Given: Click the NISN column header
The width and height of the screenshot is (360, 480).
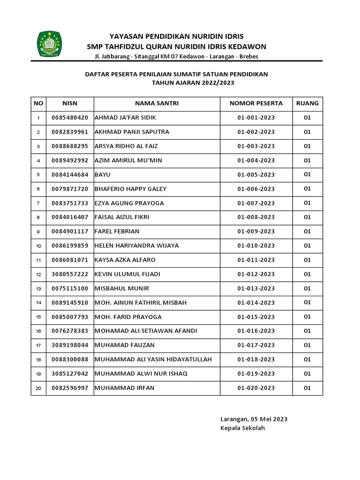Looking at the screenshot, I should [x=70, y=104].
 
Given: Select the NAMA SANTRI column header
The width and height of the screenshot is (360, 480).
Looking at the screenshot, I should [x=157, y=104].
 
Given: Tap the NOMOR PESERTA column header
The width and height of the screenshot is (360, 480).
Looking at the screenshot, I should [x=256, y=104].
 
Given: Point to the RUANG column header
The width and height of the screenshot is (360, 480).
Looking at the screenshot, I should [x=307, y=104].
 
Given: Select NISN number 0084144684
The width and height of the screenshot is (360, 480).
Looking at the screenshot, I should [x=70, y=175].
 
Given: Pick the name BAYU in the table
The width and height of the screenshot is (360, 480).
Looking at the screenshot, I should [x=102, y=175].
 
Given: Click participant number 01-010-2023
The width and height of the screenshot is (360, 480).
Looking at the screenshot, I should [x=256, y=246].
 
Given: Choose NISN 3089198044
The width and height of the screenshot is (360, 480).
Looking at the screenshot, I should [x=70, y=345].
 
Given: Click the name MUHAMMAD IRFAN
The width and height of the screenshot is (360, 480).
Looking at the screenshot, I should [x=124, y=388].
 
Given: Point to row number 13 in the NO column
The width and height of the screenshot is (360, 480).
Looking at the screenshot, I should [x=38, y=289].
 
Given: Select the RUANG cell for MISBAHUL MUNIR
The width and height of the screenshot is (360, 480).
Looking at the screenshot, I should [x=307, y=288].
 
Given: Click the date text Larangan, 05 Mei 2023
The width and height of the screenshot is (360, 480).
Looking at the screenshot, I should [x=254, y=419].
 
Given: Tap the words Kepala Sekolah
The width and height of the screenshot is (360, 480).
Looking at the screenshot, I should [x=242, y=428].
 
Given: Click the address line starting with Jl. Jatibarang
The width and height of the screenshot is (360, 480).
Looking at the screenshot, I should [x=176, y=56].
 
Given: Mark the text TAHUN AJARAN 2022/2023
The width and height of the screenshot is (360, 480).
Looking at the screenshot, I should [x=193, y=82].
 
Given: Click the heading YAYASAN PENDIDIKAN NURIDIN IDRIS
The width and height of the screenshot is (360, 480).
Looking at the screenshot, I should [x=176, y=37].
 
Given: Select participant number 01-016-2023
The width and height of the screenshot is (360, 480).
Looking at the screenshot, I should [x=256, y=331].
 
